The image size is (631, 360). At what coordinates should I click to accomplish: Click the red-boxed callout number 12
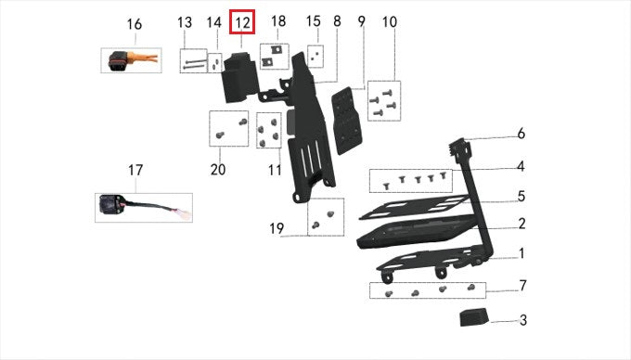coord(242,22)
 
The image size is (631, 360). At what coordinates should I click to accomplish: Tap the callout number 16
coord(135,24)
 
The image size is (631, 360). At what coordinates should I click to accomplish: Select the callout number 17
coord(135,170)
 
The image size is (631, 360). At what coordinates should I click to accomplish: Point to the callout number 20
coord(218,170)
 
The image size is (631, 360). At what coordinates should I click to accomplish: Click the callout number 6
coord(522,134)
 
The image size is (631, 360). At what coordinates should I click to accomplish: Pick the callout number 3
coord(523,320)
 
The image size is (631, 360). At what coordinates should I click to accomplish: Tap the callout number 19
coord(277,228)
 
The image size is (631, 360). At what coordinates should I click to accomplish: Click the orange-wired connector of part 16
coord(134,60)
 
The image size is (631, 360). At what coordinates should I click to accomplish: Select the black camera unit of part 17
coord(110,205)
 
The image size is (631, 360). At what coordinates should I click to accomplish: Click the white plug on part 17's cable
coord(185,214)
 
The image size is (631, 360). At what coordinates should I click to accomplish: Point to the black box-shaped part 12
coord(239,77)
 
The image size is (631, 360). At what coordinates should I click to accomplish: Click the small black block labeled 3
coord(475,317)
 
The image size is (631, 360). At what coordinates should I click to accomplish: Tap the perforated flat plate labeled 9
coord(346,121)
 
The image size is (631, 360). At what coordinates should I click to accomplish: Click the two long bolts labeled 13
coord(194,64)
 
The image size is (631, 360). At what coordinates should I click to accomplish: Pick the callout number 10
coord(389,22)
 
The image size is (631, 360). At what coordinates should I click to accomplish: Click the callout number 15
coord(314,21)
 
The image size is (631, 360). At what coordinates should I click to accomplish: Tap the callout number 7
coord(522,286)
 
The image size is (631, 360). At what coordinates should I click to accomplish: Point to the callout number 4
coord(522,166)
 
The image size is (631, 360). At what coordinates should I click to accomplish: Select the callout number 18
coord(278,21)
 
